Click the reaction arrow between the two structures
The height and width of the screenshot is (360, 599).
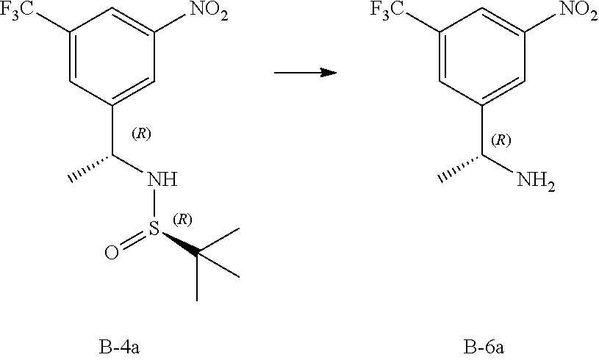pos(304,72)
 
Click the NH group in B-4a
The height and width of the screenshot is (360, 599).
pos(162,179)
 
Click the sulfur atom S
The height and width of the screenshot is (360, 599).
pos(154,233)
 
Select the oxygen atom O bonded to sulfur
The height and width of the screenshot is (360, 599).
pos(111,255)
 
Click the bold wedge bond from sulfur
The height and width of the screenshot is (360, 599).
pos(179,245)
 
